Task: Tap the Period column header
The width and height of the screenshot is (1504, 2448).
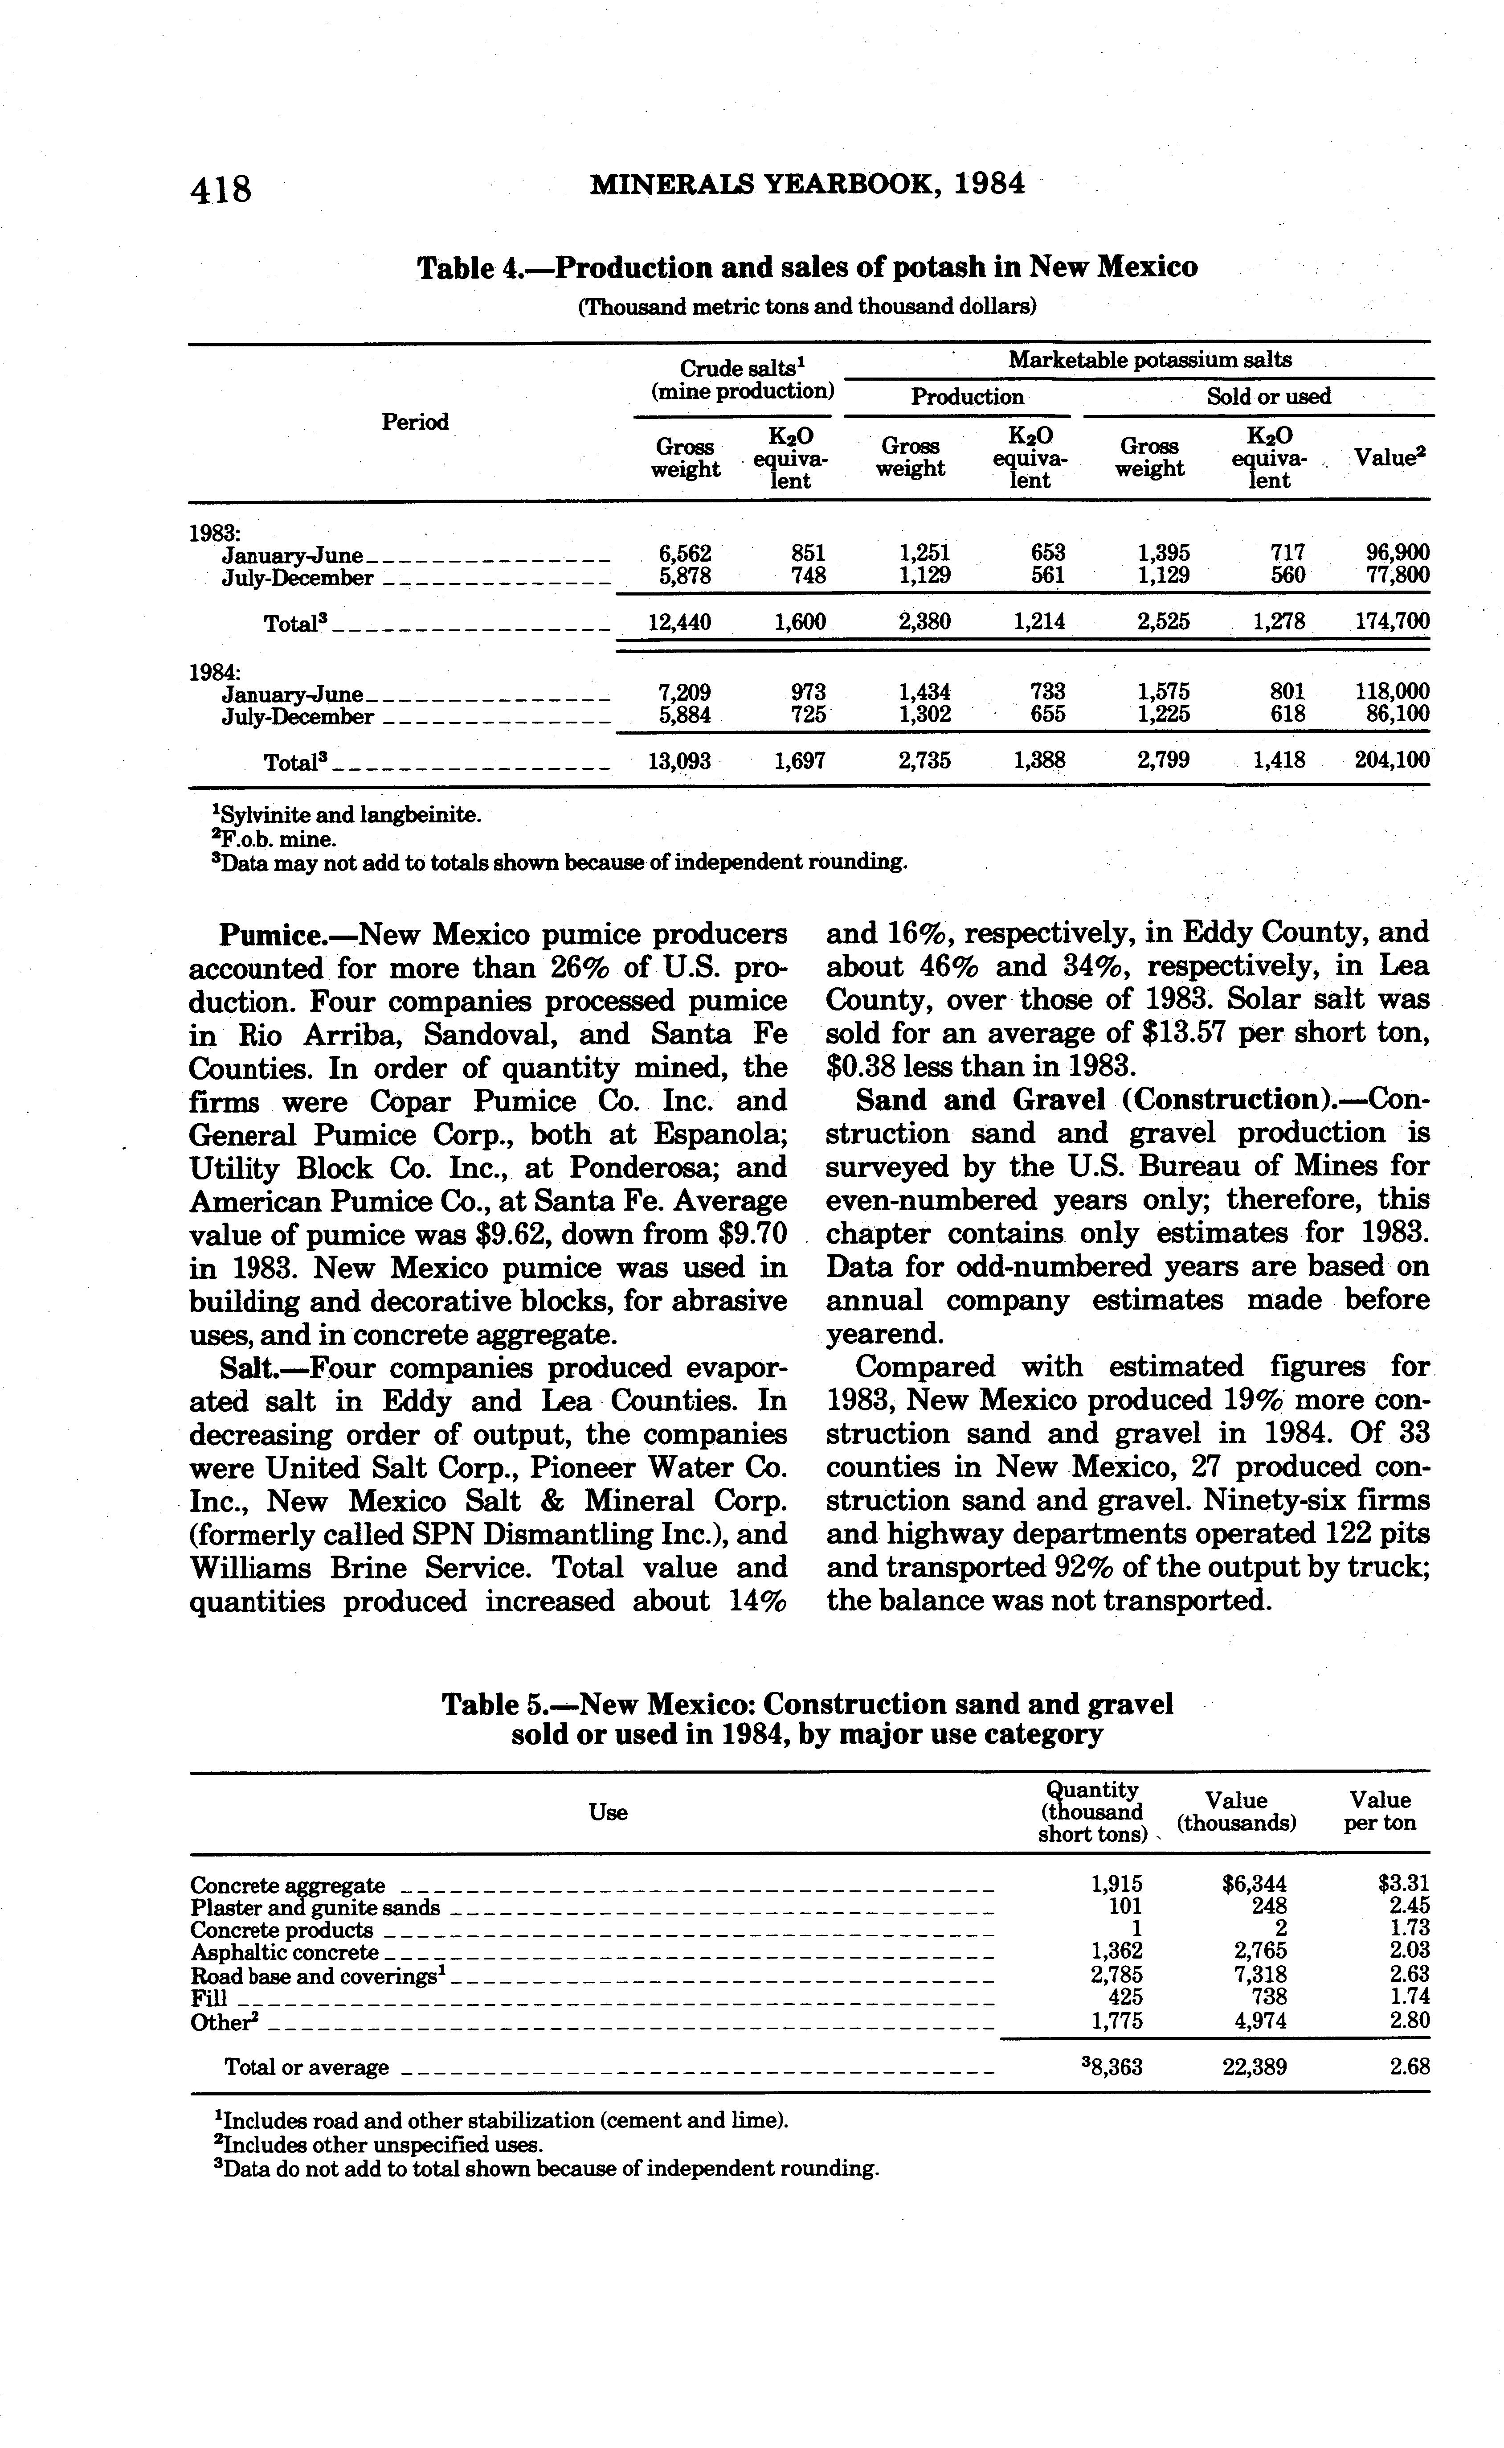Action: pyautogui.click(x=415, y=422)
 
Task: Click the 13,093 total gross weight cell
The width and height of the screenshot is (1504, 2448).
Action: pyautogui.click(x=679, y=761)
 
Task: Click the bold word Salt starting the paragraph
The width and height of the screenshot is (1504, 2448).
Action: pyautogui.click(x=249, y=1368)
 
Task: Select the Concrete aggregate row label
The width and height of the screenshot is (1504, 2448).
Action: pyautogui.click(x=287, y=1886)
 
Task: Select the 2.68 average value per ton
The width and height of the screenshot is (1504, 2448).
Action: pyautogui.click(x=1410, y=2068)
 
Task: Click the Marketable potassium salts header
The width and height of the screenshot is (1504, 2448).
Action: pyautogui.click(x=1150, y=360)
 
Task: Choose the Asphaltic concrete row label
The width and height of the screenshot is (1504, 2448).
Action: pyautogui.click(x=285, y=1952)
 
